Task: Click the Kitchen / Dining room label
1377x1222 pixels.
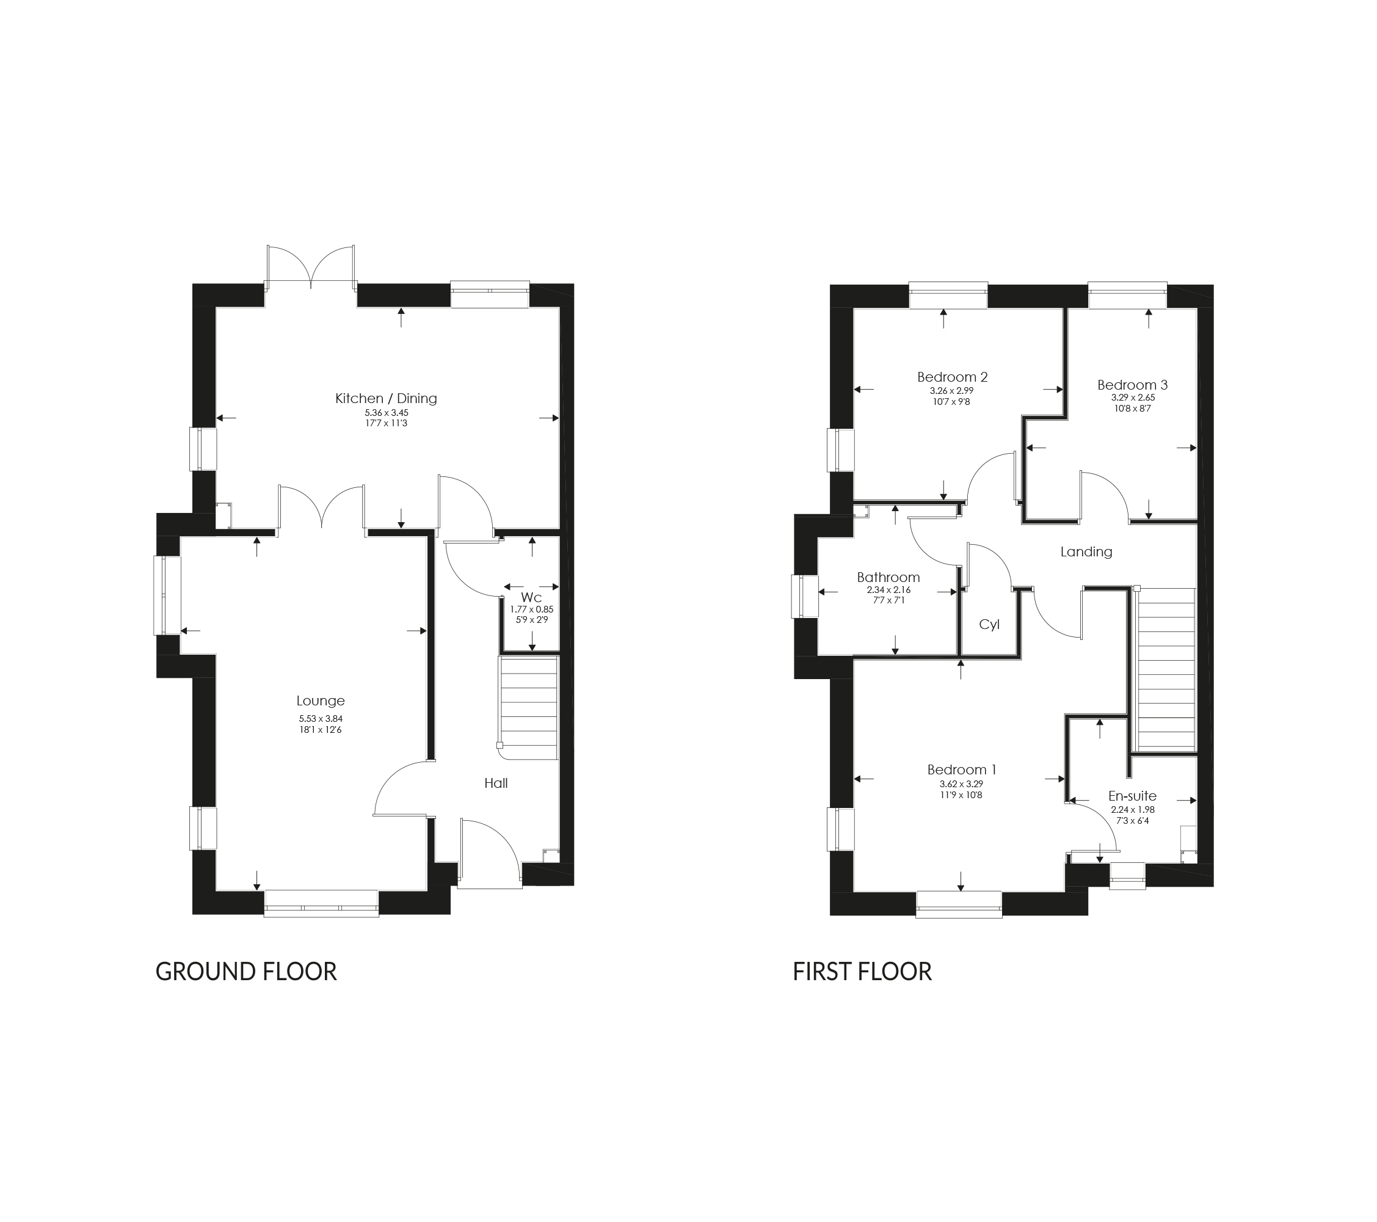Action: click(x=386, y=398)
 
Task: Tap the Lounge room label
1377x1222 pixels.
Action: click(x=321, y=700)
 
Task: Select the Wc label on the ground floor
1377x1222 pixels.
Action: click(x=531, y=597)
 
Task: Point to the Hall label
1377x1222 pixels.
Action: click(x=496, y=783)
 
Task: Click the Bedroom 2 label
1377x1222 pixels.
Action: click(x=952, y=377)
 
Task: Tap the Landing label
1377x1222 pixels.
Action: click(x=1086, y=551)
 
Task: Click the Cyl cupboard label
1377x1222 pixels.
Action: click(x=989, y=625)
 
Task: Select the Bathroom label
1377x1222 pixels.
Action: click(x=888, y=577)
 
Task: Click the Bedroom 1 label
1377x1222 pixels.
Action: click(x=961, y=769)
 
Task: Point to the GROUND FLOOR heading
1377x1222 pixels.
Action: click(x=246, y=972)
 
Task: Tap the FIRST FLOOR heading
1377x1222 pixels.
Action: click(x=862, y=972)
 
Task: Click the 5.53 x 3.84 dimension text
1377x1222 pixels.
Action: click(x=321, y=719)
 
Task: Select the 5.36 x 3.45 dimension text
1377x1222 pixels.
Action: click(x=387, y=413)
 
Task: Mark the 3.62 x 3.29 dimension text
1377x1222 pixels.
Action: click(x=961, y=784)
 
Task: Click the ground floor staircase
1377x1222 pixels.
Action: click(x=529, y=707)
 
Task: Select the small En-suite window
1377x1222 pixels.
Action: click(x=1127, y=876)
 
